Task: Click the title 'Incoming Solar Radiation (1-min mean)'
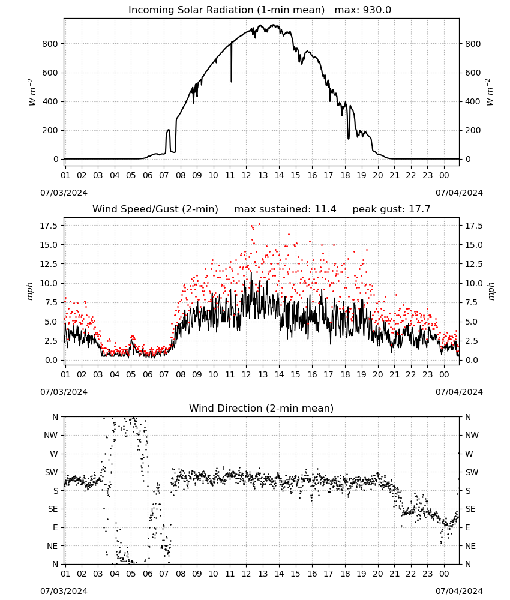click(226, 10)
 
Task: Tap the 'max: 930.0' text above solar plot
click(363, 10)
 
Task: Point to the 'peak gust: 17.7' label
click(391, 209)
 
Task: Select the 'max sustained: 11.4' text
click(286, 209)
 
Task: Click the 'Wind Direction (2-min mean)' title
click(262, 408)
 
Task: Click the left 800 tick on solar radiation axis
click(50, 44)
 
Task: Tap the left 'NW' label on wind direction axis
click(52, 436)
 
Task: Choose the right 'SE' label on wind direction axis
click(470, 509)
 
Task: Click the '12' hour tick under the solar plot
click(246, 175)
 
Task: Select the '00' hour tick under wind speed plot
click(444, 374)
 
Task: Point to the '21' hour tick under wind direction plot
click(394, 574)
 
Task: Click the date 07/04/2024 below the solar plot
click(459, 193)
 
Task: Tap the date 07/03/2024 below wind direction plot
click(64, 591)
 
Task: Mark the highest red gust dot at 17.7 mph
click(259, 224)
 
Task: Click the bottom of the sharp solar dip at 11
click(231, 82)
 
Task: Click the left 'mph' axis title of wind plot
click(30, 291)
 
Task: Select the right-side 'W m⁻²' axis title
click(490, 92)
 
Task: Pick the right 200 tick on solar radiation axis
click(473, 130)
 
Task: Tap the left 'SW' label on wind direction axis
click(51, 472)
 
